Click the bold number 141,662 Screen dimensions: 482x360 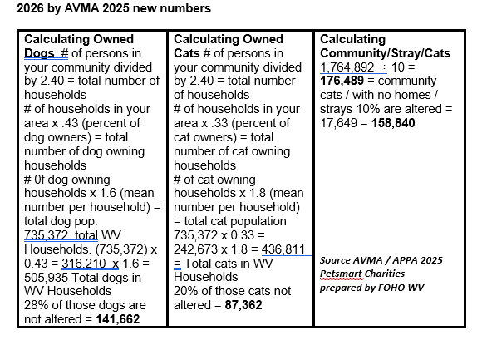[x=118, y=319]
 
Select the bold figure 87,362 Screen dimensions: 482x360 [x=243, y=305]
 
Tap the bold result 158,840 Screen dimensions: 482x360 [x=393, y=123]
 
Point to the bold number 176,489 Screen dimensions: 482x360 [x=342, y=81]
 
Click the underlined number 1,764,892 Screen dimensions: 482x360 [x=347, y=67]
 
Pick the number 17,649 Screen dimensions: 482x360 [x=339, y=123]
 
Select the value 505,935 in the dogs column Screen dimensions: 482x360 [x=46, y=278]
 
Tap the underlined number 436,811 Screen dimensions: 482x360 [x=283, y=249]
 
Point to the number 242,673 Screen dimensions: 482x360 [x=195, y=249]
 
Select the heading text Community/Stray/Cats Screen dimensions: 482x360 [x=385, y=53]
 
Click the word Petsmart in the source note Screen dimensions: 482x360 [x=342, y=274]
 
